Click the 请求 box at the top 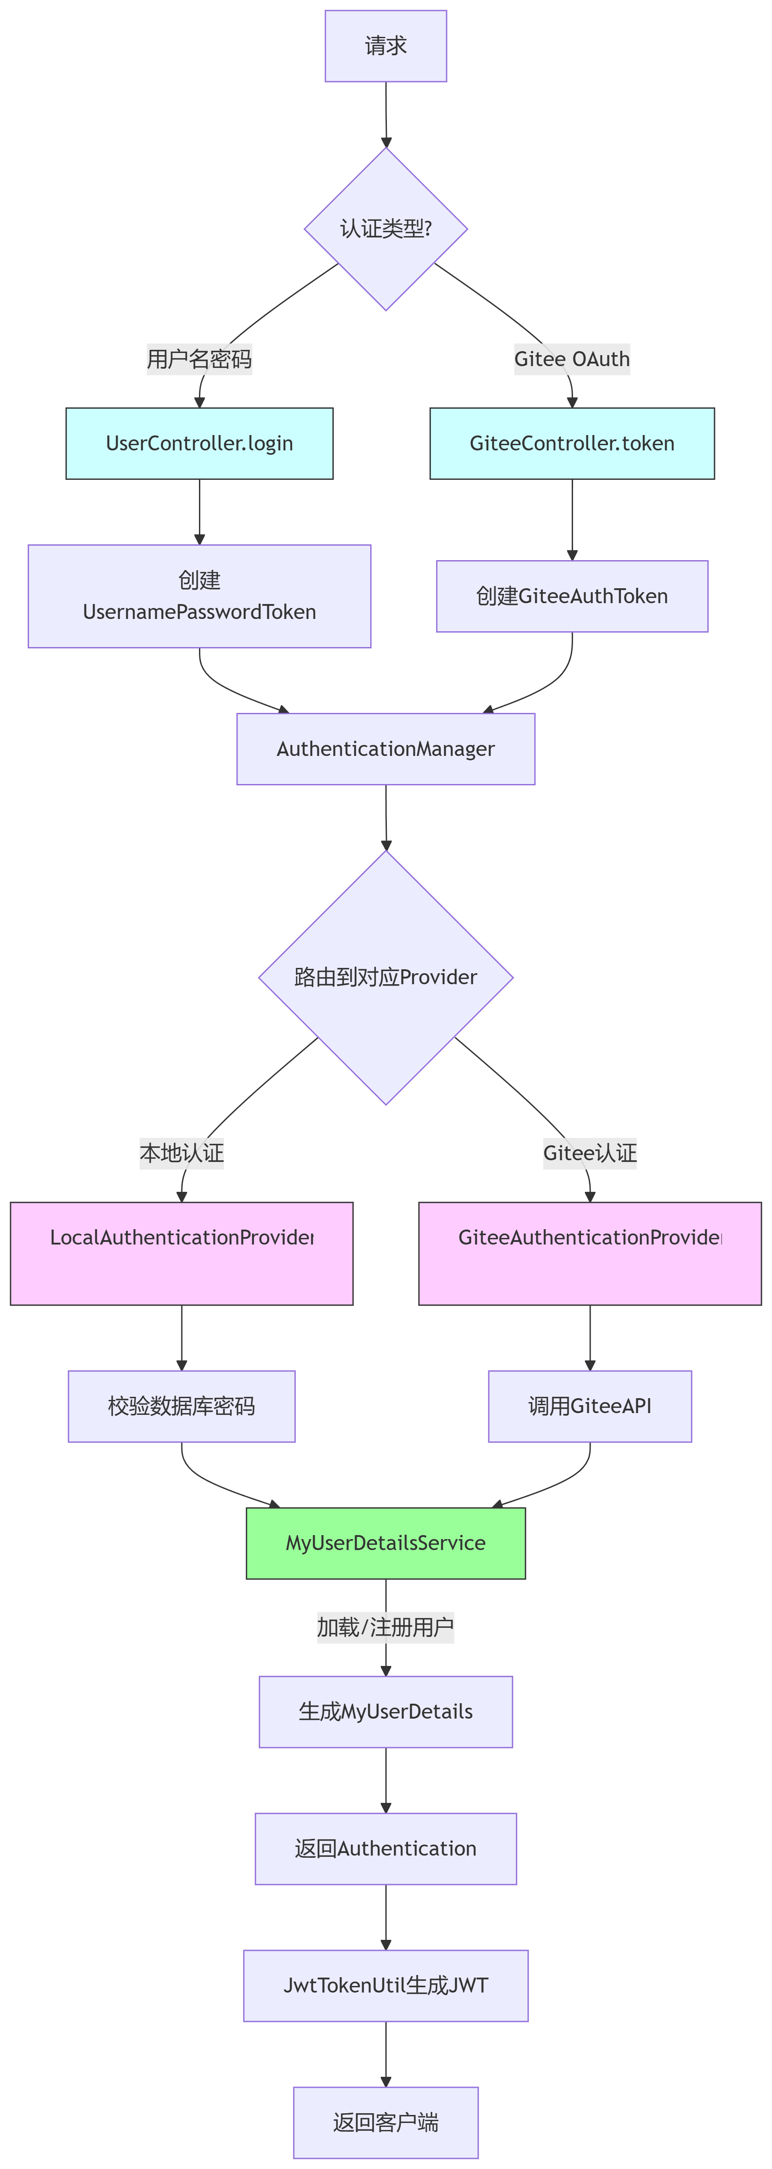386,46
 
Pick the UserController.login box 199,444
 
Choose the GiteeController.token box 572,444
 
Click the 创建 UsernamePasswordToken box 199,596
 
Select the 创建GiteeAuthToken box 572,596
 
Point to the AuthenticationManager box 386,749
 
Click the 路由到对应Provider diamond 386,978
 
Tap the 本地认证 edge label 182,1153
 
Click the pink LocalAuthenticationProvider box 182,1254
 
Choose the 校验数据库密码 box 182,1406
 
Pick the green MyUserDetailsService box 386,1543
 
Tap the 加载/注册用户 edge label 386,1628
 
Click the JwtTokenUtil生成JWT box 386,1986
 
